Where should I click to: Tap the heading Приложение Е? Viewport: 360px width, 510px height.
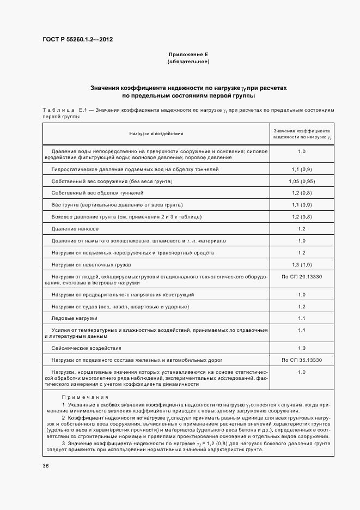pyautogui.click(x=188, y=55)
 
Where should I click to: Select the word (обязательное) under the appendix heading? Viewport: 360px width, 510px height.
pyautogui.click(x=188, y=62)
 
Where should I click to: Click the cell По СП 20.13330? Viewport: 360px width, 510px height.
pyautogui.click(x=302, y=277)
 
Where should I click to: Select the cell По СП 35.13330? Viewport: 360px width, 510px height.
pyautogui.click(x=302, y=360)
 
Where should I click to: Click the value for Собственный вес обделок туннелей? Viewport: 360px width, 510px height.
pyautogui.click(x=302, y=193)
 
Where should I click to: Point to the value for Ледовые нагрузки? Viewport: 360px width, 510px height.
pyautogui.click(x=302, y=318)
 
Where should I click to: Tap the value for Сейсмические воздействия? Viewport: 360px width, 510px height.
pyautogui.click(x=302, y=348)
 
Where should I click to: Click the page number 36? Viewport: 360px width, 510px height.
pyautogui.click(x=46, y=466)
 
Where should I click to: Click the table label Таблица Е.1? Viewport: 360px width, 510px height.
pyautogui.click(x=65, y=110)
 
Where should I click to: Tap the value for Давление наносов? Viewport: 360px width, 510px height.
pyautogui.click(x=302, y=229)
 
